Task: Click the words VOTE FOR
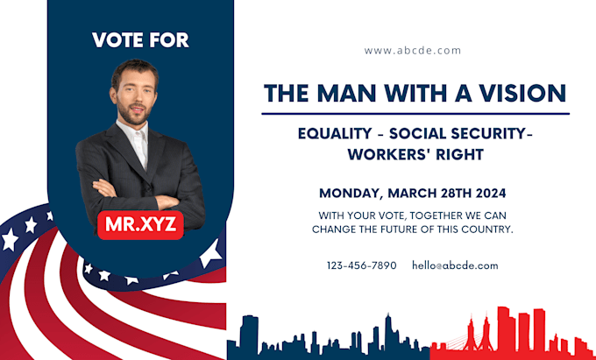pos(140,39)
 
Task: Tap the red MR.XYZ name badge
pos(140,223)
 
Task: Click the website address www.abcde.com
pos(412,50)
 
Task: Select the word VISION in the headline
pos(523,92)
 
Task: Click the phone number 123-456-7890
pos(361,265)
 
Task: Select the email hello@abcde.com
pos(455,265)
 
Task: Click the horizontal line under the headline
pos(415,113)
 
